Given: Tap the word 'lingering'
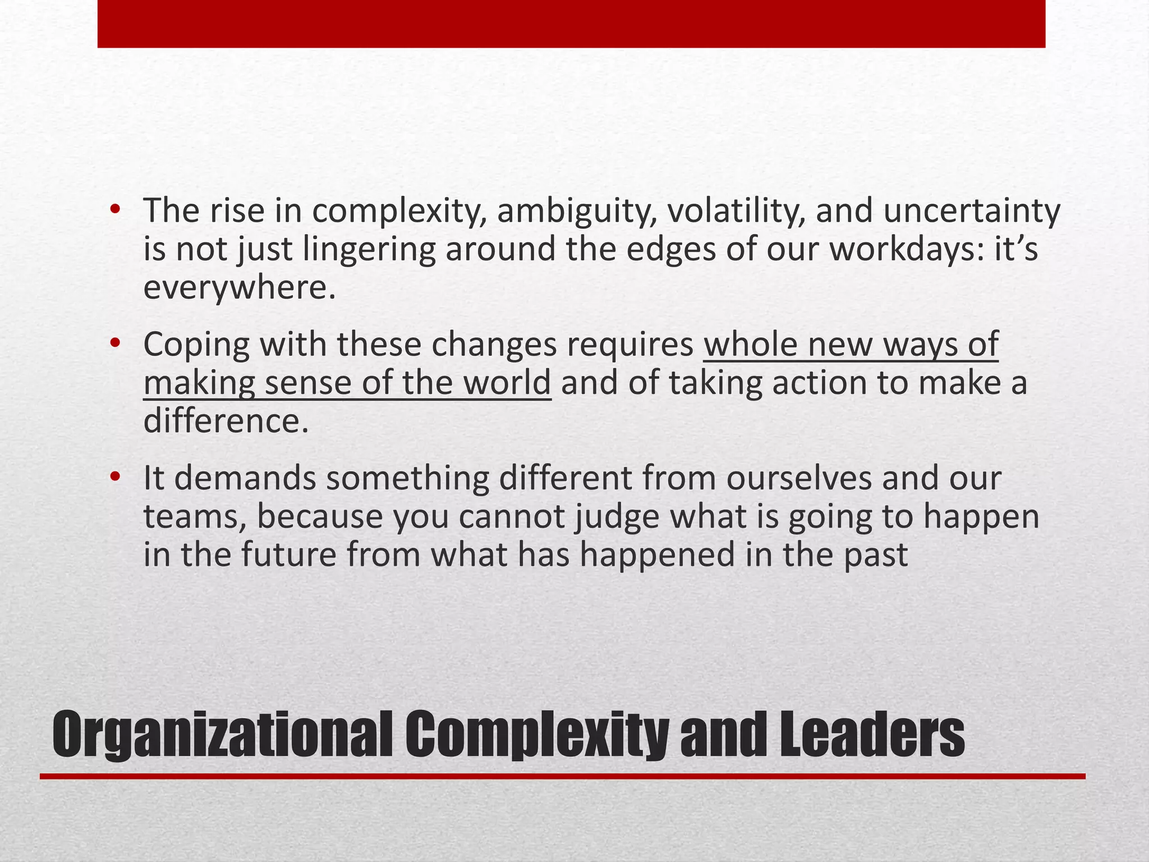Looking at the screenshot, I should pyautogui.click(x=369, y=250).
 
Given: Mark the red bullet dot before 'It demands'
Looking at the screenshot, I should pyautogui.click(x=116, y=476).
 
